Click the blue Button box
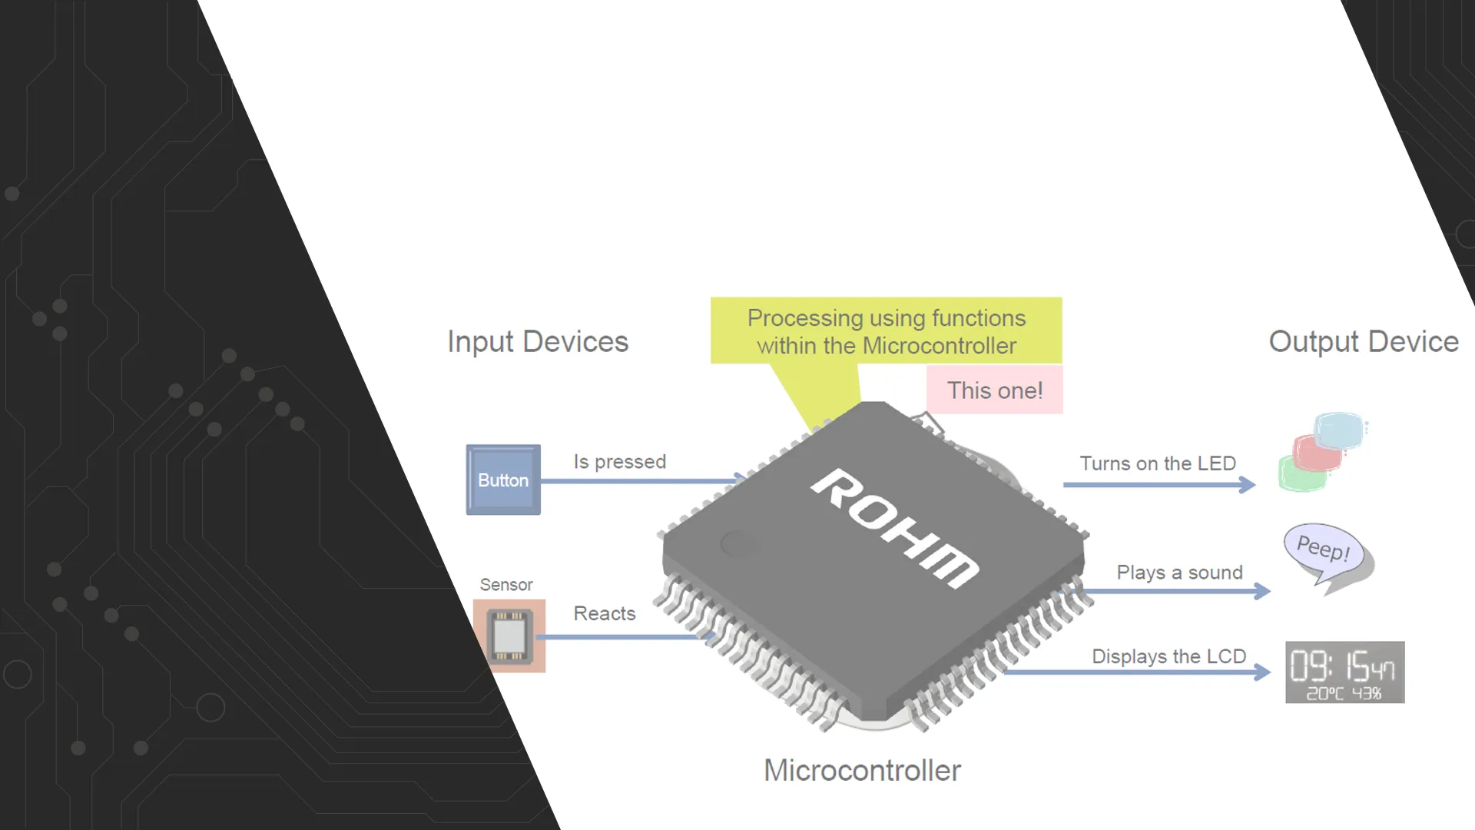coord(503,480)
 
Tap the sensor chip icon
coord(509,636)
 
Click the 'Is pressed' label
coord(619,462)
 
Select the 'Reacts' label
coord(605,613)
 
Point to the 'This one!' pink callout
coord(995,390)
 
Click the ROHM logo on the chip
coord(895,528)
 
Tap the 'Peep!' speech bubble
coord(1323,548)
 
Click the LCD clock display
coord(1344,672)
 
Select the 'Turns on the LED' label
coord(1158,463)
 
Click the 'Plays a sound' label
coord(1179,573)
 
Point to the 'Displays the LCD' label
coord(1168,656)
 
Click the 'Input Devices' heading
coord(538,342)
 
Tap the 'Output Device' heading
coord(1364,342)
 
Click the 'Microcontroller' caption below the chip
coord(862,770)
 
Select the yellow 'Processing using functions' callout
coord(886,331)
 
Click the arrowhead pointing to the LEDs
coord(1248,485)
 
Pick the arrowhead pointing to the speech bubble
coord(1262,591)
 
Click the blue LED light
coord(1338,430)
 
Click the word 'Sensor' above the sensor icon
coord(506,585)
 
